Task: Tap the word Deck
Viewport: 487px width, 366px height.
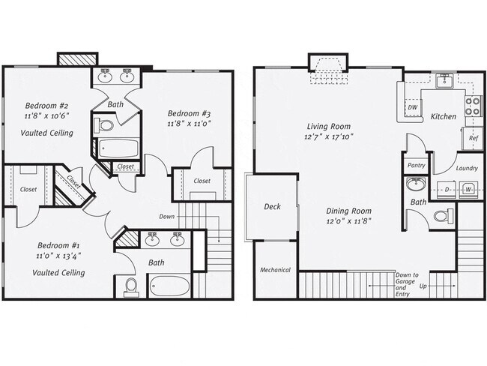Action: coord(272,206)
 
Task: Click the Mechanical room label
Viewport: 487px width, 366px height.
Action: coord(275,270)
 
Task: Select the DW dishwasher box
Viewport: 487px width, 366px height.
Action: coord(412,108)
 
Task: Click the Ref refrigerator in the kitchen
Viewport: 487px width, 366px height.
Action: coord(474,138)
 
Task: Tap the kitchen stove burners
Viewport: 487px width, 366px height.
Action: coord(473,106)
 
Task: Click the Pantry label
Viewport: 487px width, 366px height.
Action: coord(416,165)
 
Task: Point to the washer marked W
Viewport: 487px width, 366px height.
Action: coord(468,189)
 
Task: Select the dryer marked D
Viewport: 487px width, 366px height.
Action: coord(447,189)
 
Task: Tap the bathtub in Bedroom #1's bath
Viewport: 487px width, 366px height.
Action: coord(170,285)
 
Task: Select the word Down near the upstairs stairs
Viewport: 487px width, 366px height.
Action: coord(167,217)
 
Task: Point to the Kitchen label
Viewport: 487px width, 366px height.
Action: coord(443,117)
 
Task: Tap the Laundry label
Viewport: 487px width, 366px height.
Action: coord(467,168)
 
